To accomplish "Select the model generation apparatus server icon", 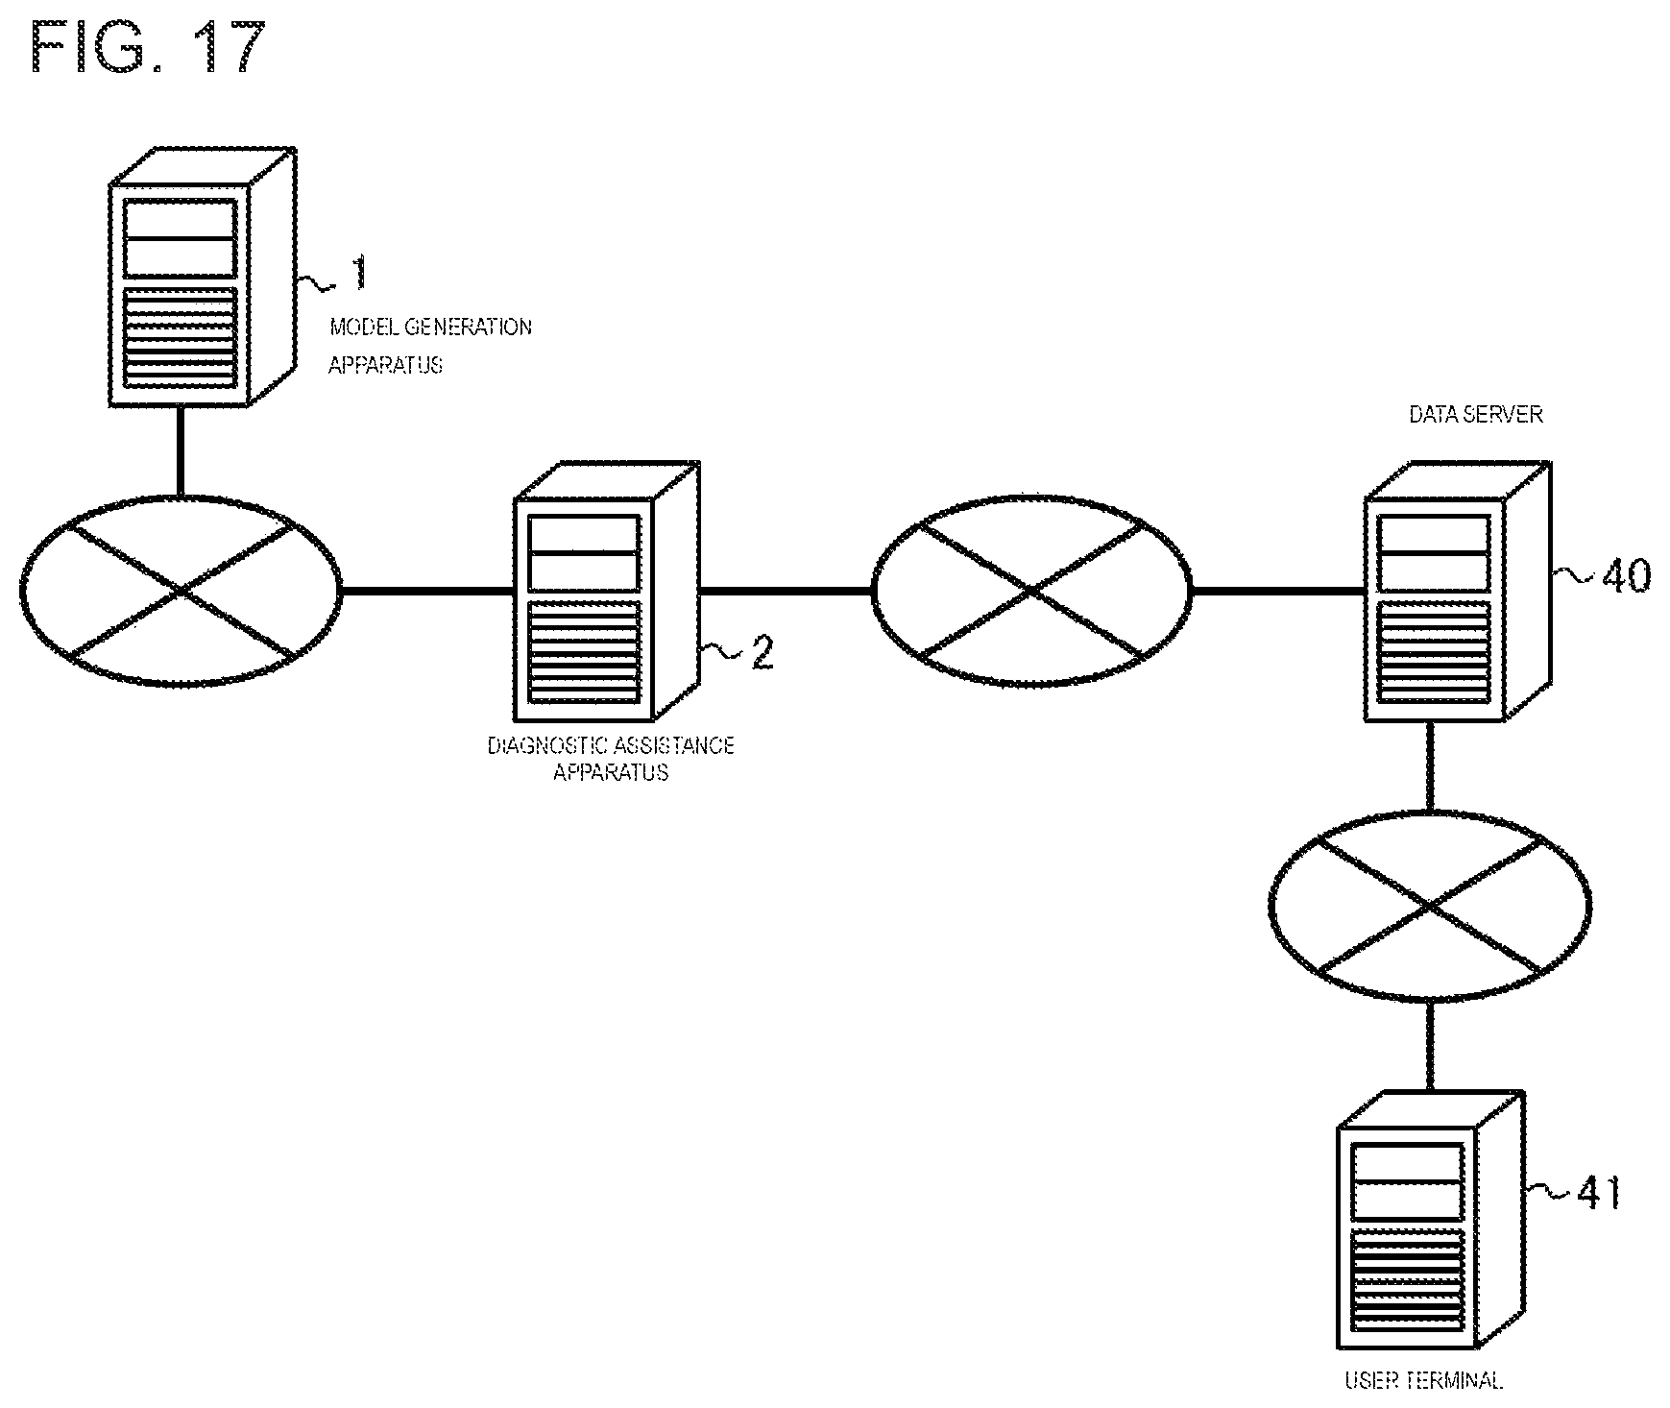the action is (203, 277).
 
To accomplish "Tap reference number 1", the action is (358, 273).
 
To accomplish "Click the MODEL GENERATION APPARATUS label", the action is (429, 346).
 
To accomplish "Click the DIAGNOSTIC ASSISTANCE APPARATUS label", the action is (611, 758).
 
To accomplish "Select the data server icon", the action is (1458, 591).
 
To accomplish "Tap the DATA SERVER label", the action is (1475, 415).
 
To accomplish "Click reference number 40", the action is (1625, 576).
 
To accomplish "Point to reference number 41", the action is (1599, 1194).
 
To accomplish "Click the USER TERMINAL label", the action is (1423, 1381).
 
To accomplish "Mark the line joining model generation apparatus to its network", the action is (179, 450).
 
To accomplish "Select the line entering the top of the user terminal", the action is (1430, 1046).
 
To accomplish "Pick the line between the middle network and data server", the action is (1278, 591).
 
